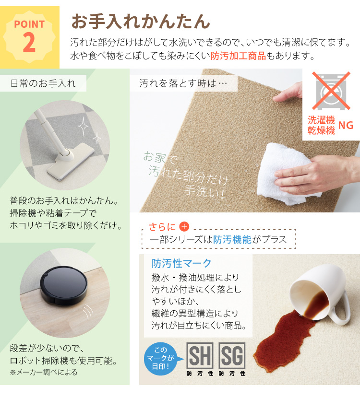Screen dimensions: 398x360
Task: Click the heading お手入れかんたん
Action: [x=140, y=22]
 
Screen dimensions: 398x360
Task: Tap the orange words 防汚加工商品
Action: [x=238, y=56]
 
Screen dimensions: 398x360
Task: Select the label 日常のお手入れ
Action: [x=43, y=83]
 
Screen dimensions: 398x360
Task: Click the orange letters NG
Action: [x=346, y=125]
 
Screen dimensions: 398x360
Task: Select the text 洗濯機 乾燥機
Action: [x=321, y=126]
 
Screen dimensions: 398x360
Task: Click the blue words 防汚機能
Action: [x=232, y=239]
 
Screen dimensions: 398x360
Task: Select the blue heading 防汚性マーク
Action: [x=181, y=263]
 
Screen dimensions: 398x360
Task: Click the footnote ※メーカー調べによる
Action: [x=43, y=372]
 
